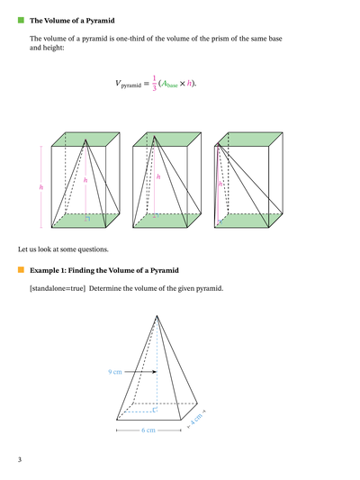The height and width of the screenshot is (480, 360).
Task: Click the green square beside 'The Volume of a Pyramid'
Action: click(21, 19)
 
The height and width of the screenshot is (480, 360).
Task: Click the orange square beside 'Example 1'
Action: click(21, 269)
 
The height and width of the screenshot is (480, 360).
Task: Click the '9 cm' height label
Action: click(114, 371)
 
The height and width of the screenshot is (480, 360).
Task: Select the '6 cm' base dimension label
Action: click(148, 430)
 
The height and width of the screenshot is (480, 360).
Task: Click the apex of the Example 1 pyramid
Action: click(157, 315)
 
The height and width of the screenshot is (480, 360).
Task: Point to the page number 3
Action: click(20, 460)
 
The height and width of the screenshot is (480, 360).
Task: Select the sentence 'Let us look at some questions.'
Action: click(63, 248)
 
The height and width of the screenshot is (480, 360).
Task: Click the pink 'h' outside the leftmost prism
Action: click(40, 186)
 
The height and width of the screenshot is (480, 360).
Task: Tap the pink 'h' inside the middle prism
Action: click(158, 177)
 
